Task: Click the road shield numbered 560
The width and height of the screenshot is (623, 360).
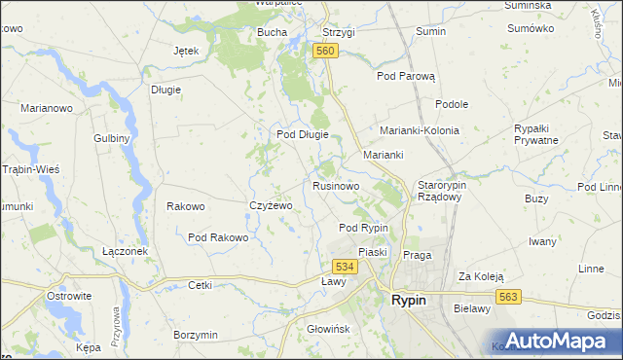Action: point(325,51)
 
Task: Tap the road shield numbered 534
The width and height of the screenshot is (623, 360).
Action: point(344,266)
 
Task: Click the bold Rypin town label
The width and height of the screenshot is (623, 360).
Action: point(407,301)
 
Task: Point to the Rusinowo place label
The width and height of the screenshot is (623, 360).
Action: point(337,185)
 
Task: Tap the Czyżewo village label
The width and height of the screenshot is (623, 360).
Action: point(272,206)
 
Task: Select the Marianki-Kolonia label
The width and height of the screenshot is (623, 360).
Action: point(420,129)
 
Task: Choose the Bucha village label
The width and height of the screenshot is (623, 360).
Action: point(272,32)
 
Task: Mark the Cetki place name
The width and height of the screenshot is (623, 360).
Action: point(201,285)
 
